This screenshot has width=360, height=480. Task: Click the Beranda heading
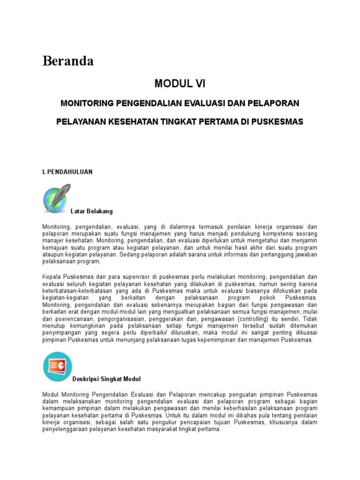click(x=68, y=61)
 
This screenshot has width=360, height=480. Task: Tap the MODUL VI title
click(x=180, y=84)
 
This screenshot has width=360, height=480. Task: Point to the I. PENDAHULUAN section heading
click(x=67, y=172)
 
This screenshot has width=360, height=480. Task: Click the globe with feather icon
click(x=56, y=198)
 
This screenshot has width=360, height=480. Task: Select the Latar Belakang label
click(x=92, y=211)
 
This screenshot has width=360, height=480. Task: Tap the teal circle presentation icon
click(x=57, y=366)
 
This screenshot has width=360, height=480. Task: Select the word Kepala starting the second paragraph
click(x=52, y=277)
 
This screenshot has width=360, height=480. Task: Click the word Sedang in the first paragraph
click(x=131, y=255)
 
